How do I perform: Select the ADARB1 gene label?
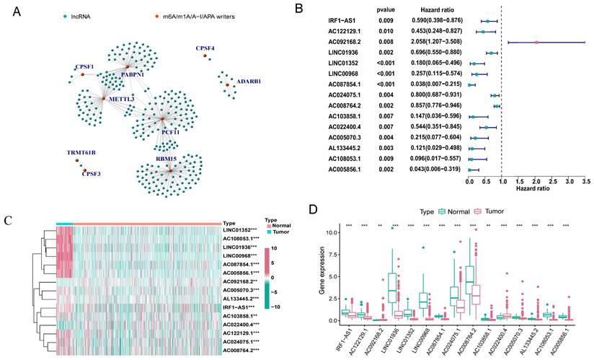point(244,82)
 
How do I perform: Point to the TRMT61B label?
point(81,154)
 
